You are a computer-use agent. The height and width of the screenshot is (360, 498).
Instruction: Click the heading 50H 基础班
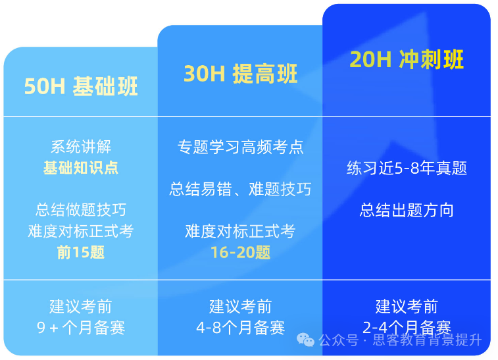coord(81,87)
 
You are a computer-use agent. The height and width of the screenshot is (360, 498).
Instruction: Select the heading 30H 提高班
coord(240,74)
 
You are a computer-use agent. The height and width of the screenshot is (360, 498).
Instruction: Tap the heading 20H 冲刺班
coord(407,60)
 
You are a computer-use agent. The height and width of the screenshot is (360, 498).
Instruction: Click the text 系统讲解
coord(81,147)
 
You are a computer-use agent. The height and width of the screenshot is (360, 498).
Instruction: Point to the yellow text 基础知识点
coord(81,167)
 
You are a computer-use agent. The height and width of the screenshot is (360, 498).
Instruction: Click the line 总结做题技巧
coord(81,210)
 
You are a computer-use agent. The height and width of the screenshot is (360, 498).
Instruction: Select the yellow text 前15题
coord(81,252)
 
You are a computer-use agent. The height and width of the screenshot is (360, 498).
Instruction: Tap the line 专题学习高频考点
coord(240,147)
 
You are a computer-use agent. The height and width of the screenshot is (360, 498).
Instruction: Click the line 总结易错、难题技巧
coord(240,190)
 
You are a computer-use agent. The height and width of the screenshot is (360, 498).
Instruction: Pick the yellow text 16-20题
coord(240,252)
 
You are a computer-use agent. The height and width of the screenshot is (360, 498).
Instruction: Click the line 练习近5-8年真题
coord(407,168)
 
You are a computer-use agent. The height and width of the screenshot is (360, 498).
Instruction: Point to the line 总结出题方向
coord(407,211)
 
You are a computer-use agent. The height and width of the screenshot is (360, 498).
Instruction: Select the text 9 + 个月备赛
coord(81,327)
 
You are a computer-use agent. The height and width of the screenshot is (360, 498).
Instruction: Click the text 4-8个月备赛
coord(240,327)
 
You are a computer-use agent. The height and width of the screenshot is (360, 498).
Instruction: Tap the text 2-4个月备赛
coord(407,327)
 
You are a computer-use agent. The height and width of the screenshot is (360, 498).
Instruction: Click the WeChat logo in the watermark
coord(305,340)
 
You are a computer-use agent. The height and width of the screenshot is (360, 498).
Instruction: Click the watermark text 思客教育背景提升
coord(427,340)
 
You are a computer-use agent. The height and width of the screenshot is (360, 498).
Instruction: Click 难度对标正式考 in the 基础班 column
coord(81,231)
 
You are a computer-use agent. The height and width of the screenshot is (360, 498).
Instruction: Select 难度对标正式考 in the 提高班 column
coord(240,231)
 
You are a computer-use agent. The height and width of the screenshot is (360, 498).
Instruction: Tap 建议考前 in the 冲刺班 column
coord(407,307)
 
